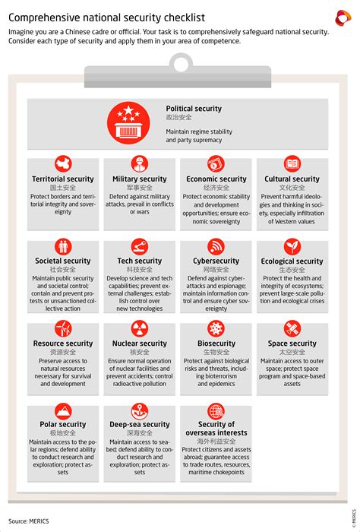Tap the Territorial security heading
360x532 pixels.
[64, 179]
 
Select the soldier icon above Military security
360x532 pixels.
[138, 163]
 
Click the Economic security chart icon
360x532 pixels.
[216, 163]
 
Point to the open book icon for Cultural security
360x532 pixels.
[292, 163]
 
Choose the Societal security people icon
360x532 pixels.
[64, 245]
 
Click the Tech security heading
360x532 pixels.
[138, 261]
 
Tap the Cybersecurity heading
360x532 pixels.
[216, 261]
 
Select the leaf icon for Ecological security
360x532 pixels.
[292, 245]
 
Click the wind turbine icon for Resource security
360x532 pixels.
[64, 328]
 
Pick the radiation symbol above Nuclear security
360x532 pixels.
[138, 328]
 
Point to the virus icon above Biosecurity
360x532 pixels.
[216, 328]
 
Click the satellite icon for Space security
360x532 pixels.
[292, 328]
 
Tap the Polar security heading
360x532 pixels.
[64, 424]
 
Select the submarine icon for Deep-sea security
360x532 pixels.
[138, 410]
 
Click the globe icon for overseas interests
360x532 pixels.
[216, 410]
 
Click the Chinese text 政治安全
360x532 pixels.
[179, 118]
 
